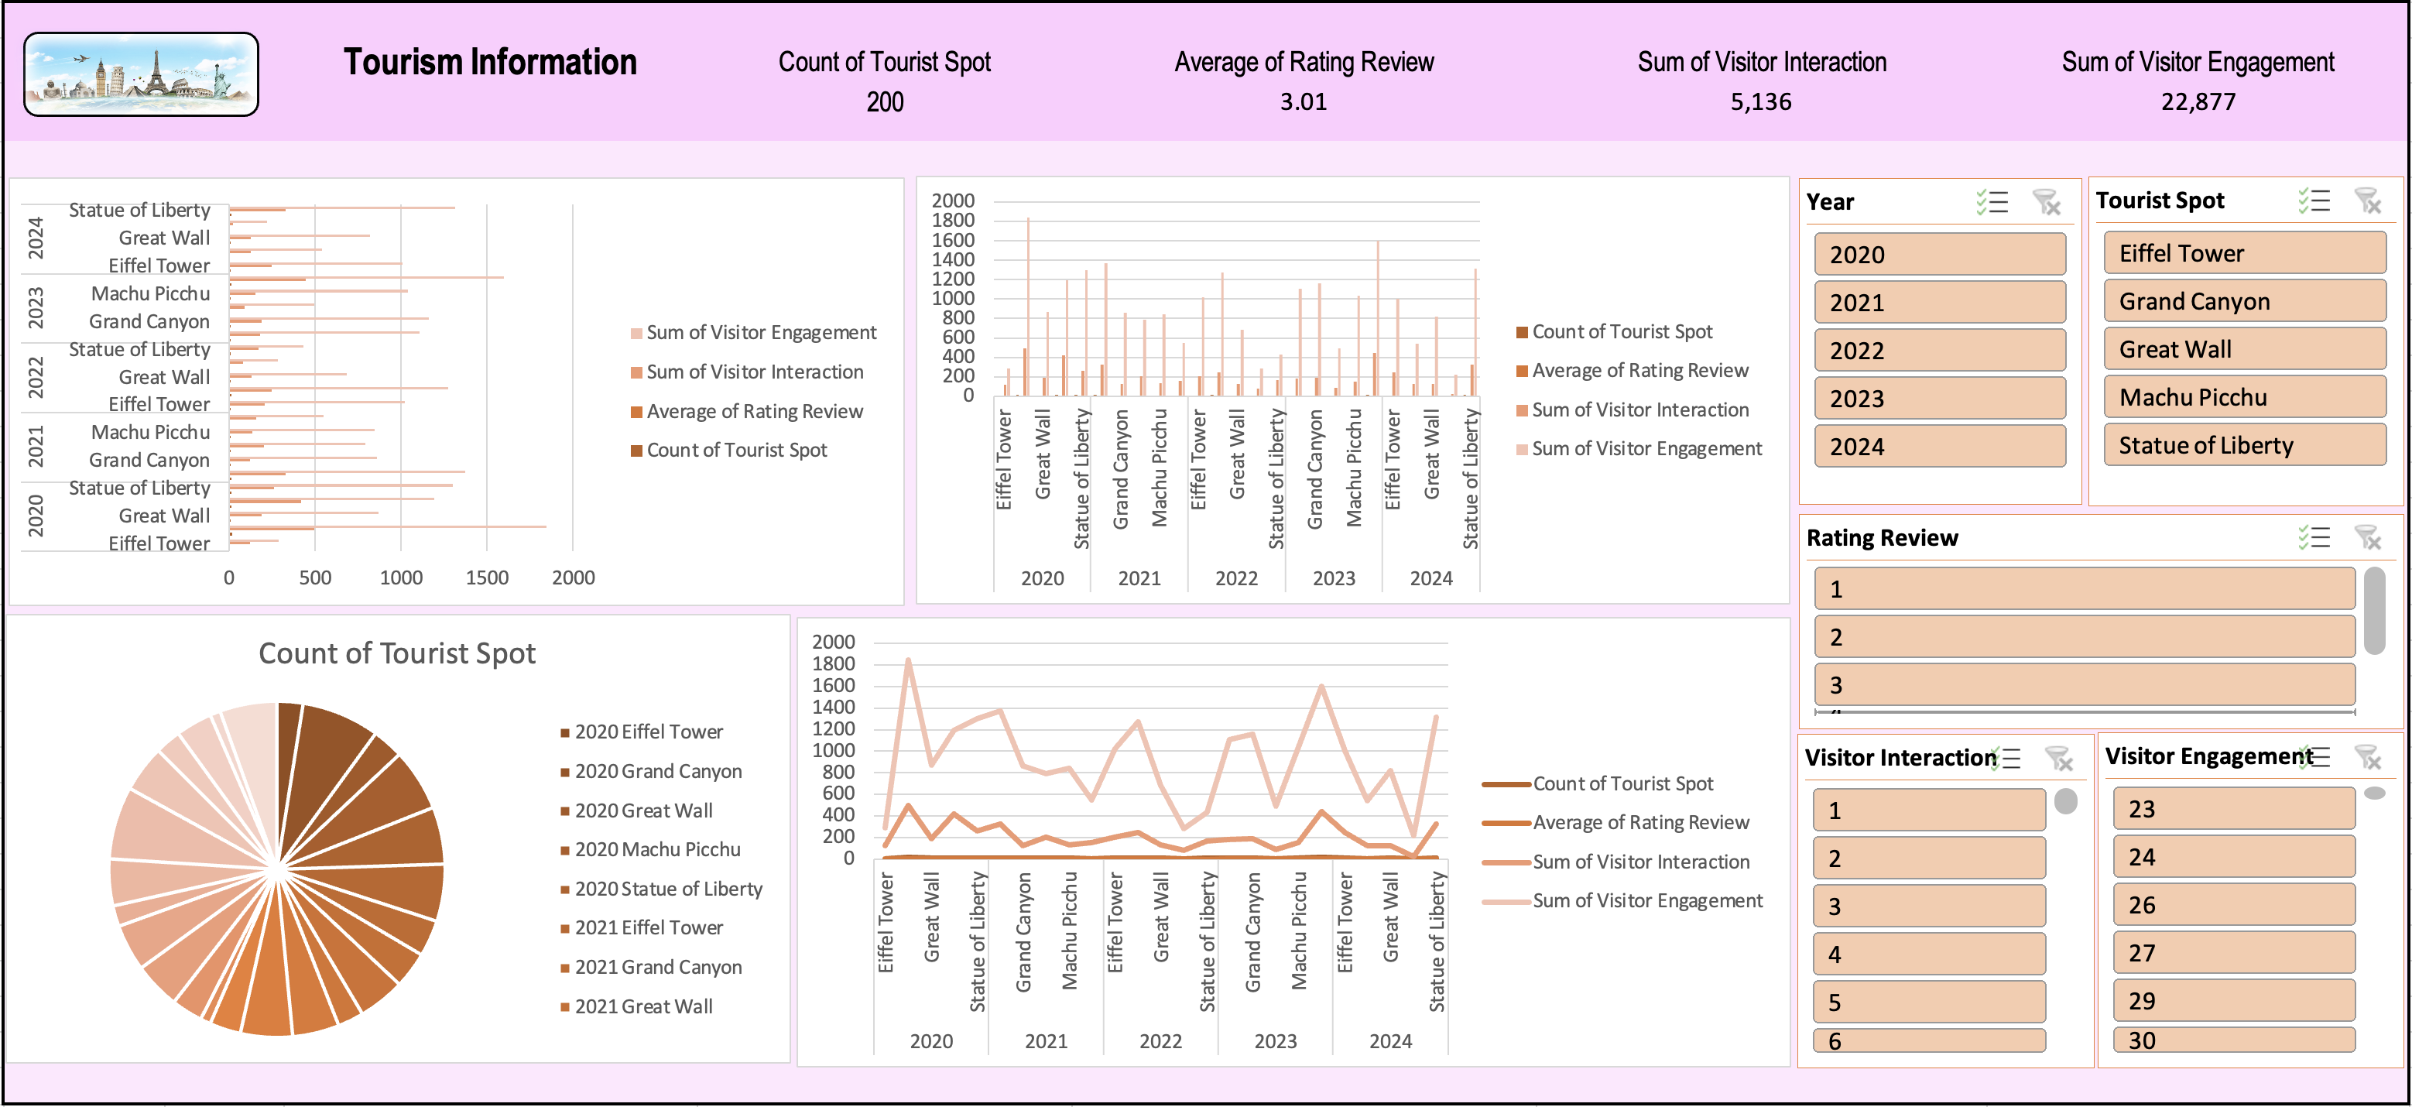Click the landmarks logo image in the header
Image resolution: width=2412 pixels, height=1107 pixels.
click(x=140, y=74)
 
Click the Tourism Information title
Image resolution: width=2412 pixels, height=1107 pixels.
click(x=490, y=62)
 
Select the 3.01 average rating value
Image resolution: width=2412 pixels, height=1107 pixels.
click(x=1304, y=101)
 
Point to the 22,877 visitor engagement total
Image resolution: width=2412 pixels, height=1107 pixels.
click(x=2198, y=101)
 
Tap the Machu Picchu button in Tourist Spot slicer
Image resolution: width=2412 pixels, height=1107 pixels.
click(x=2244, y=397)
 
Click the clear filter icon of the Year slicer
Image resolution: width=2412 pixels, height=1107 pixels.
click(x=2046, y=201)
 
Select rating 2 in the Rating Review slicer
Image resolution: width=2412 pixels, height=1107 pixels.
click(x=2085, y=637)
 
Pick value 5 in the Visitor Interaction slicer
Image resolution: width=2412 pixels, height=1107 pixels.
click(x=1929, y=1002)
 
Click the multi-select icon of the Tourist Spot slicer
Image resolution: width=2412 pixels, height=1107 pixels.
click(x=2314, y=200)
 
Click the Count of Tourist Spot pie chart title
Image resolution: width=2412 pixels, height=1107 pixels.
click(x=397, y=653)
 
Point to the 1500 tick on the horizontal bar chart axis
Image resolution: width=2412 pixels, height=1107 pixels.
click(x=487, y=577)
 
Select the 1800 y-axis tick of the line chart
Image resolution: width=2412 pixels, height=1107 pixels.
click(x=834, y=663)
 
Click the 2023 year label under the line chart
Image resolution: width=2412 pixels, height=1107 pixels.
click(x=1276, y=1040)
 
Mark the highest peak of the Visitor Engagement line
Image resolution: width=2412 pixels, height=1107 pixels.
click(x=908, y=660)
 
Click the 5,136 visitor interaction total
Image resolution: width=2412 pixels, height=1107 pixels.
click(x=1761, y=101)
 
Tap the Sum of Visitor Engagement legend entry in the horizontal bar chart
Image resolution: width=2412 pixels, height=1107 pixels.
click(x=753, y=332)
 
